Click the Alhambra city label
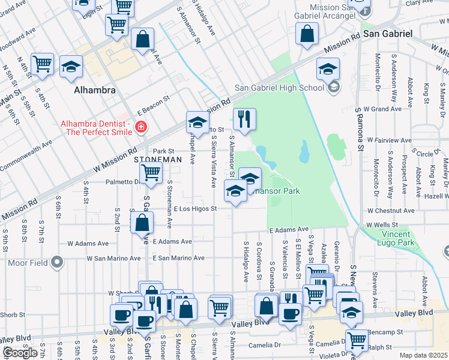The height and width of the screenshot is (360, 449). [94, 90]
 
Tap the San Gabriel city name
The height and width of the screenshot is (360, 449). [388, 34]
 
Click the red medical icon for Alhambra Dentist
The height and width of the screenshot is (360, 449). [140, 127]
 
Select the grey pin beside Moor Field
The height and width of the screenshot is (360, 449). [57, 262]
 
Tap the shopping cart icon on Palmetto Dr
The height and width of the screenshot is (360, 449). [151, 173]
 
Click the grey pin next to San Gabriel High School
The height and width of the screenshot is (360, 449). [334, 88]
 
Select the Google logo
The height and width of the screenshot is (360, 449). [20, 353]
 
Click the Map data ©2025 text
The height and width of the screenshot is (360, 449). [423, 355]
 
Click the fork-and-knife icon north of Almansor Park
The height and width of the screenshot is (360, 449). [244, 119]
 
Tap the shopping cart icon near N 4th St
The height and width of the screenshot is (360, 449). [43, 64]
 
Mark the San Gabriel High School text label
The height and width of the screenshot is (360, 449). [279, 88]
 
